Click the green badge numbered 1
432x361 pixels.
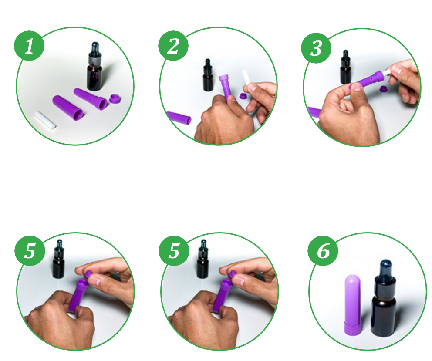29,46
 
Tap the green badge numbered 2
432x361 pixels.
173,46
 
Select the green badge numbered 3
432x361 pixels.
316,48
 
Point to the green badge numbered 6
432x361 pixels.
323,250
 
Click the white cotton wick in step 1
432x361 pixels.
45,120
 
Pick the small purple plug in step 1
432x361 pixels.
116,99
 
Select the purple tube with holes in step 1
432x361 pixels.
91,99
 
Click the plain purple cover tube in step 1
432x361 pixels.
68,108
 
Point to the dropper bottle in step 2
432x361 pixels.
208,75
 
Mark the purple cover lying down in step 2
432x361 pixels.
179,117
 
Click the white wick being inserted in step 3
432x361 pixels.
388,72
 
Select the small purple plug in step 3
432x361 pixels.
383,89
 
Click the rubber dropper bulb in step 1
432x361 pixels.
95,47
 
